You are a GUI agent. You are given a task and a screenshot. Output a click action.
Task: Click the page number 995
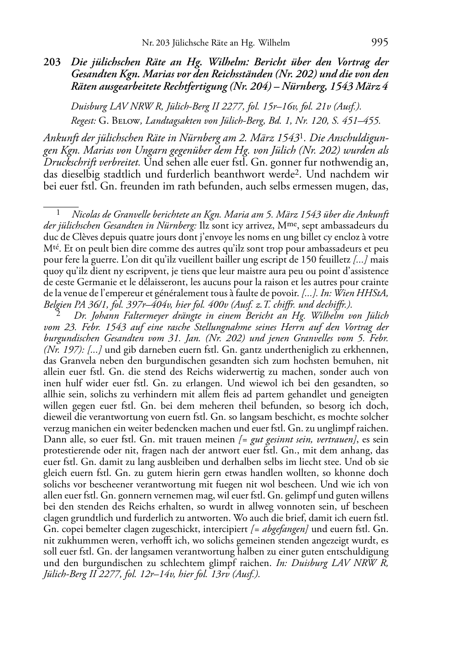379,42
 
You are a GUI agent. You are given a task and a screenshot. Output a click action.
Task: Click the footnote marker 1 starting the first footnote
58,213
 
